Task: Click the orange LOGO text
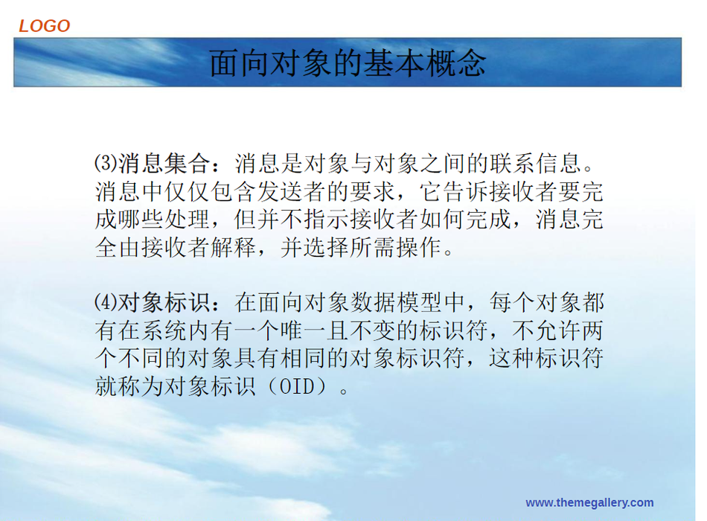[x=44, y=26]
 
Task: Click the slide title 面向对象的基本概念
[x=348, y=63]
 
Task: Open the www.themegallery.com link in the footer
[x=589, y=502]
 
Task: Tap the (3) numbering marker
[x=106, y=162]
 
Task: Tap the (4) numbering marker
[x=106, y=301]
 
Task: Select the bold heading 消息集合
[x=164, y=163]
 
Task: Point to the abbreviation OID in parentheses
[x=297, y=386]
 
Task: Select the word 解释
[x=234, y=248]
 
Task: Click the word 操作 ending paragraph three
[x=419, y=248]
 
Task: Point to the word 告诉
[x=465, y=192]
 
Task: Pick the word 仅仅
[x=187, y=192]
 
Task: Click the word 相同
[x=303, y=359]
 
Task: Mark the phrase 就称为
[x=129, y=386]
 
